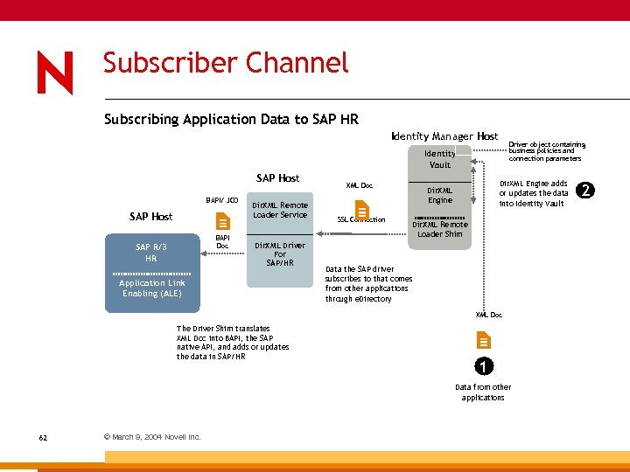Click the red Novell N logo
pyautogui.click(x=55, y=73)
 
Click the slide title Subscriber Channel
pyautogui.click(x=226, y=64)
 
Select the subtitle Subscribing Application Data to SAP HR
pyautogui.click(x=231, y=119)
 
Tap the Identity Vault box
pyautogui.click(x=440, y=159)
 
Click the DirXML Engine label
pyautogui.click(x=440, y=195)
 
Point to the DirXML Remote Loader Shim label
pyautogui.click(x=440, y=229)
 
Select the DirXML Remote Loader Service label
pyautogui.click(x=280, y=210)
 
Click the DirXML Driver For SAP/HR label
pyautogui.click(x=280, y=254)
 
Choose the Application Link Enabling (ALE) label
pyautogui.click(x=152, y=288)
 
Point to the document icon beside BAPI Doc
pyautogui.click(x=223, y=222)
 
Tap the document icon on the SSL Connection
pyautogui.click(x=361, y=212)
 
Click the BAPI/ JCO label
pyautogui.click(x=222, y=200)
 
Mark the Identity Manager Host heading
pyautogui.click(x=444, y=136)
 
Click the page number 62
pyautogui.click(x=43, y=437)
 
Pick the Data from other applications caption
pyautogui.click(x=483, y=392)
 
